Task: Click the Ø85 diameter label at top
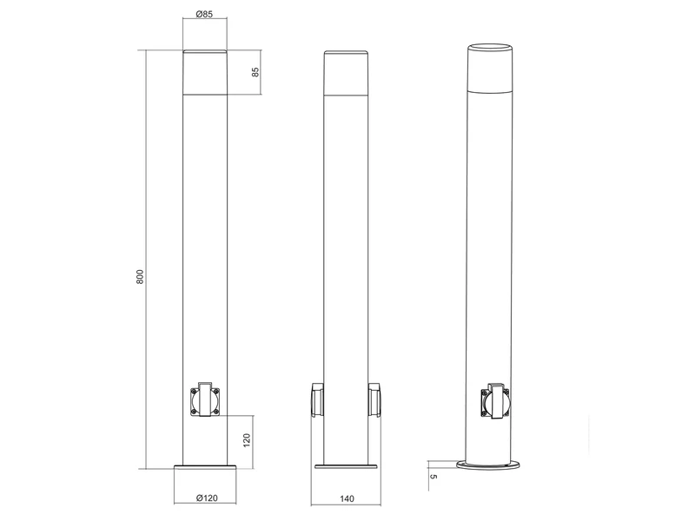206,15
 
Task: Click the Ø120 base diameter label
206,498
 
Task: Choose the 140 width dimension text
347,498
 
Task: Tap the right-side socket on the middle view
375,399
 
